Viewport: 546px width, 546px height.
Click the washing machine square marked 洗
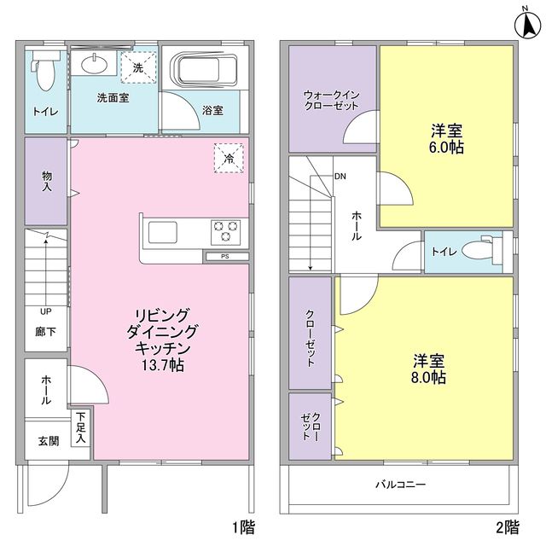coord(138,67)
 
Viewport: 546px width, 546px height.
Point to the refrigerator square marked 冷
coord(229,157)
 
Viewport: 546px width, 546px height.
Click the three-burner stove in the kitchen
coord(225,229)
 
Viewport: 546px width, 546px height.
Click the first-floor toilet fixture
coord(45,73)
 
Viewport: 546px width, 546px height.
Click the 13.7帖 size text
coord(161,364)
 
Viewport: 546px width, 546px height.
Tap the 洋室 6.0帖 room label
coord(446,138)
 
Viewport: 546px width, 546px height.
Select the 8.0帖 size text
coord(430,376)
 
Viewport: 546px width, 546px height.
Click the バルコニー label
coord(401,485)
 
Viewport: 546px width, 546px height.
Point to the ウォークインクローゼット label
coord(330,99)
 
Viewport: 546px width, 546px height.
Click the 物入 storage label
coord(46,180)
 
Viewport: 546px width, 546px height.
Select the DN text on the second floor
coord(340,177)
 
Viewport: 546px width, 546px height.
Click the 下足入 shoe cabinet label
coord(80,427)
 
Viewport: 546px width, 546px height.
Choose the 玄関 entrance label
coord(47,441)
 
